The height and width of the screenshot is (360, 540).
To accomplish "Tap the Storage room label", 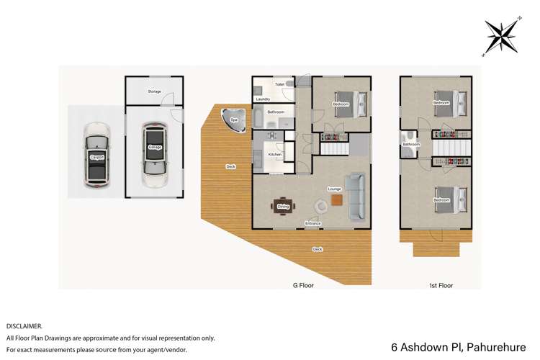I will [154, 91].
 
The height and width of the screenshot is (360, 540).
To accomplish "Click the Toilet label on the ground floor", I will [279, 84].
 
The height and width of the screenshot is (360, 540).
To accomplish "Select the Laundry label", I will [263, 99].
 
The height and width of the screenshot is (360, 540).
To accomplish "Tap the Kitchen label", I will [274, 155].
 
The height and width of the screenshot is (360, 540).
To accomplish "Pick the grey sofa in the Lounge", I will [355, 197].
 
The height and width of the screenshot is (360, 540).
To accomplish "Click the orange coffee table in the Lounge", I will [336, 202].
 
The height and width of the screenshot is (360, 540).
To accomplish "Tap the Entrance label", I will [312, 224].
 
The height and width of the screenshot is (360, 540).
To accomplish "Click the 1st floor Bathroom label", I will [411, 145].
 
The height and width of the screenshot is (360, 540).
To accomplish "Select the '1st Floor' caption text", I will [441, 285].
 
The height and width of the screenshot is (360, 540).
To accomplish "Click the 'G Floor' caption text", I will [302, 285].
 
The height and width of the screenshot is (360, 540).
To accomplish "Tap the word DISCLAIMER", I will [24, 326].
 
